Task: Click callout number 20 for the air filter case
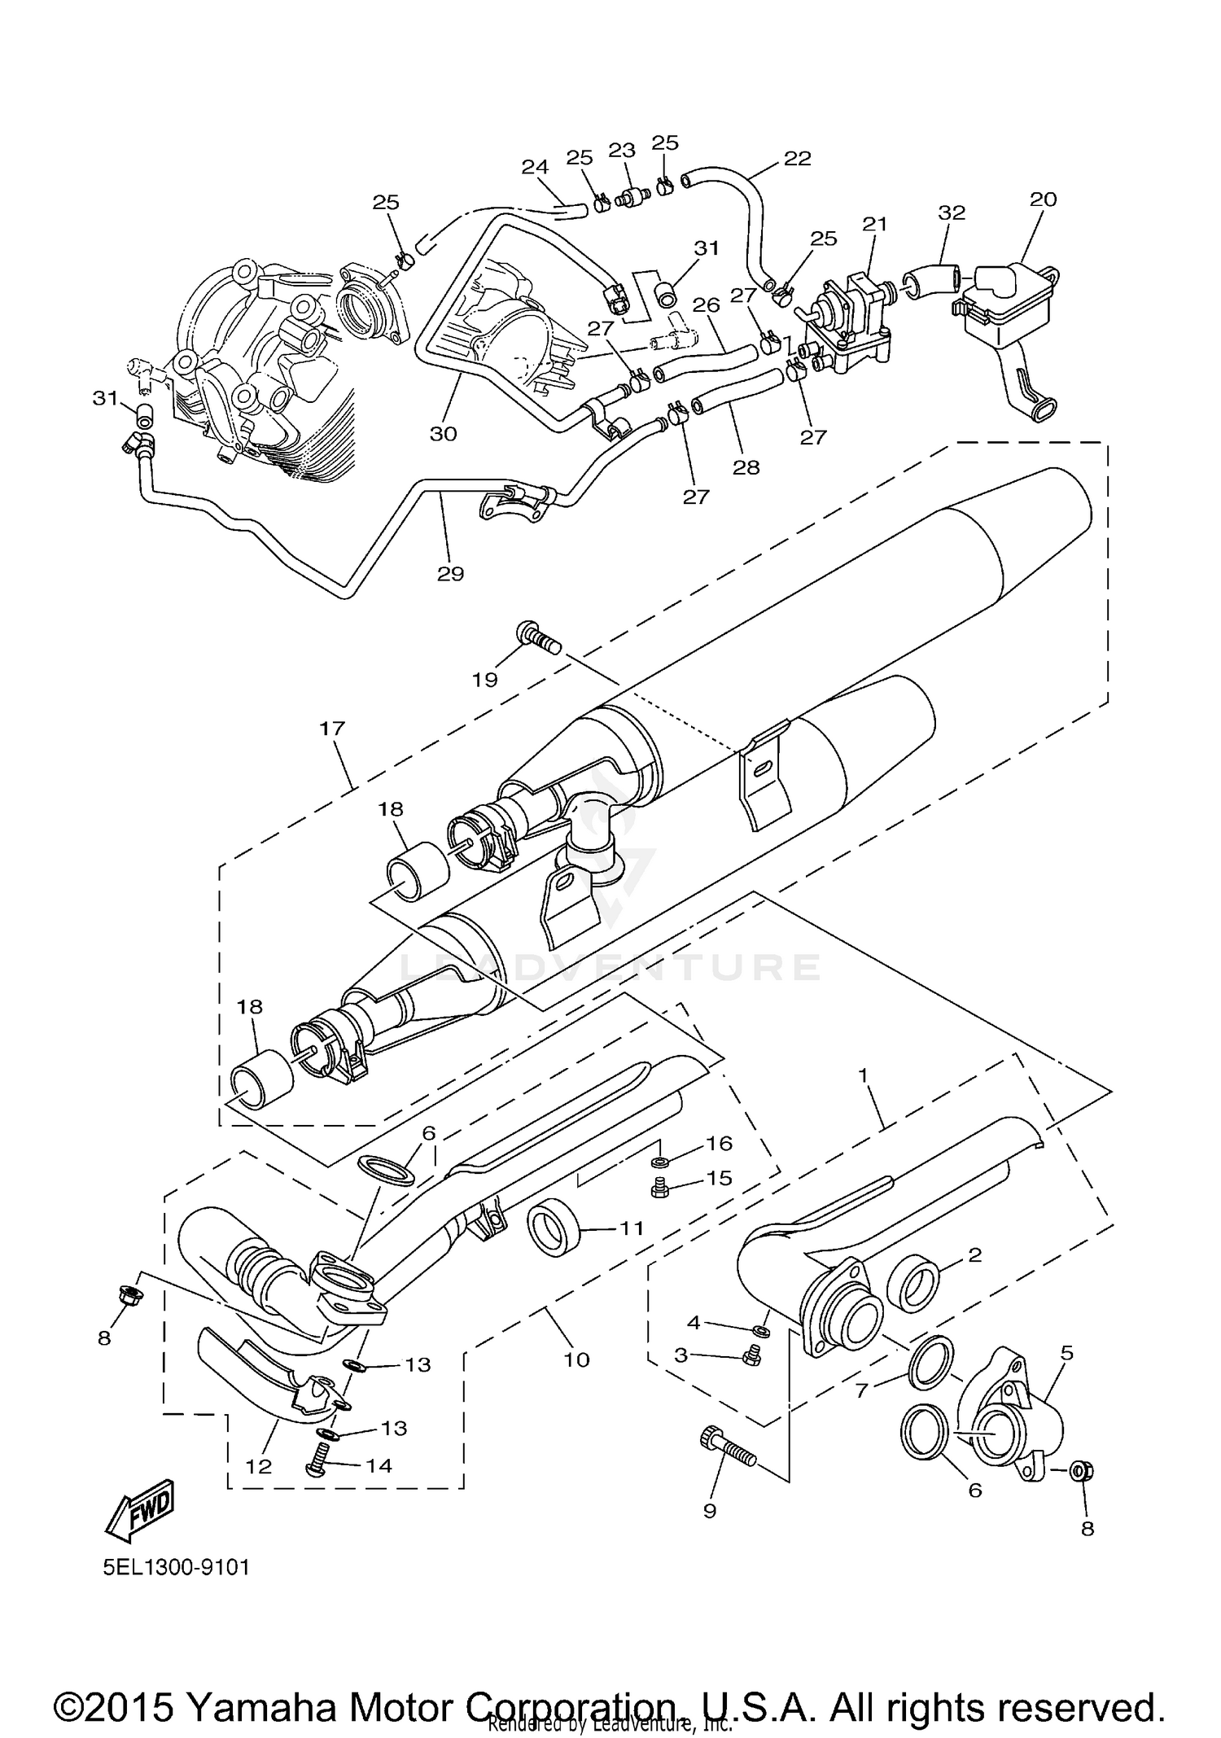pyautogui.click(x=1043, y=199)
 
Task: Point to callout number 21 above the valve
pyautogui.click(x=874, y=224)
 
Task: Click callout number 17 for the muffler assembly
pyautogui.click(x=332, y=729)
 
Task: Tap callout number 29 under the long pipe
pyautogui.click(x=450, y=574)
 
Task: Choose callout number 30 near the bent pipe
pyautogui.click(x=444, y=434)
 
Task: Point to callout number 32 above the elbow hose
pyautogui.click(x=952, y=212)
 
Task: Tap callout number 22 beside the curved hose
pyautogui.click(x=798, y=159)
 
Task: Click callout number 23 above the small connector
pyautogui.click(x=621, y=151)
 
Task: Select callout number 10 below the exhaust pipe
pyautogui.click(x=576, y=1359)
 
